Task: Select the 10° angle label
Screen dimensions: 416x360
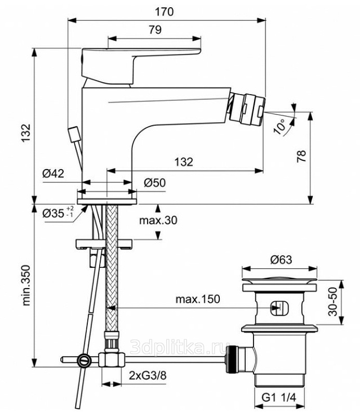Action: coord(281,126)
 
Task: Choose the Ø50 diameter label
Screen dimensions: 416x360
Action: coord(155,183)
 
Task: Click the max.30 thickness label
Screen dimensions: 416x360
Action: coord(158,220)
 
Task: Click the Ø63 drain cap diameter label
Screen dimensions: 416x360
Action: coord(281,260)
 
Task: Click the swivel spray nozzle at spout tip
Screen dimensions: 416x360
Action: coord(246,105)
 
